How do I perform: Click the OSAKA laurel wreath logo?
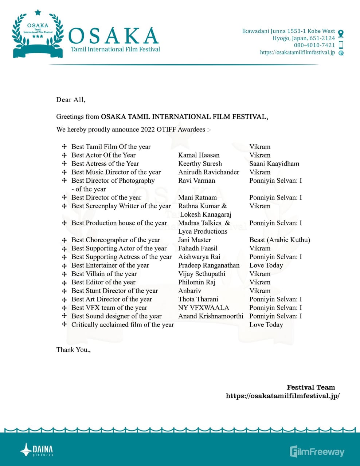pos(38,34)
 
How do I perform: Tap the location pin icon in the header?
pos(341,34)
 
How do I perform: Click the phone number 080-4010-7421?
pos(314,45)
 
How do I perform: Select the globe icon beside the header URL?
pos(341,53)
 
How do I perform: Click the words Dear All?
pos(71,99)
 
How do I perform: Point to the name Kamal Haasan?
pos(199,155)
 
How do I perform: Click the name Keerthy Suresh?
pos(200,163)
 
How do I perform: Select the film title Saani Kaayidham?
pos(274,163)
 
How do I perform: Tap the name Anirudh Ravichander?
pos(208,172)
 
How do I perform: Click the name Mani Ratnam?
pos(197,197)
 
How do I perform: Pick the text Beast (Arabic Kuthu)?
pos(279,240)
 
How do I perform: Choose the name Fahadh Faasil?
pos(197,248)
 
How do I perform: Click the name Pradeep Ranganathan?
pos(209,265)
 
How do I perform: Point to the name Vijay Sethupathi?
pos(201,273)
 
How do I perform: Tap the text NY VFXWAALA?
pos(203,308)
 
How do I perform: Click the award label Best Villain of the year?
pos(104,273)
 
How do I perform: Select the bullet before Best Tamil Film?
pos(64,146)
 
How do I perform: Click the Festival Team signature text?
pos(310,387)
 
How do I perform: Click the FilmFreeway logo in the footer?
pos(317,451)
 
